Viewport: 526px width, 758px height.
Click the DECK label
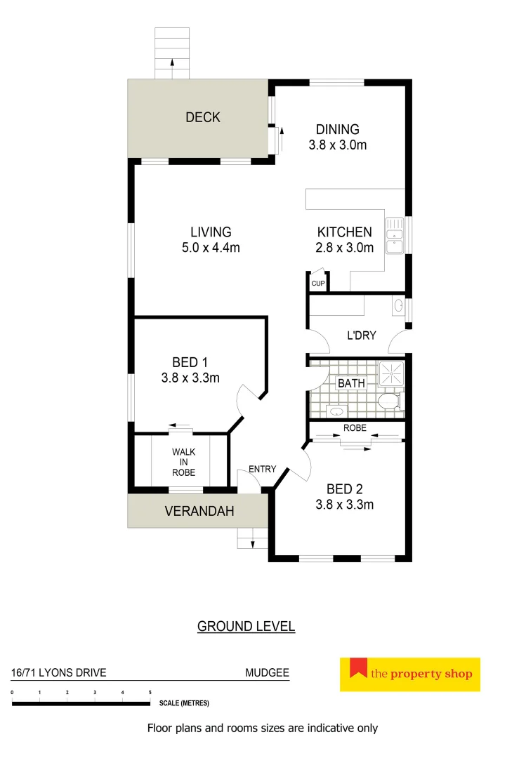[x=203, y=117]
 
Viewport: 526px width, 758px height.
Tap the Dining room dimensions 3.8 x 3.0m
[x=337, y=145]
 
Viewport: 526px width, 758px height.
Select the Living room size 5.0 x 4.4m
[x=211, y=248]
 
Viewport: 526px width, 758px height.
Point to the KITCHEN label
[x=344, y=232]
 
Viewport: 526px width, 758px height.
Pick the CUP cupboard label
[x=318, y=284]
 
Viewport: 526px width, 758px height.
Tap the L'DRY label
[x=361, y=335]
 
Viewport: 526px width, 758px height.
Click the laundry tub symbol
[x=399, y=305]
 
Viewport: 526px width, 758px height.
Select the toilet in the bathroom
[x=388, y=402]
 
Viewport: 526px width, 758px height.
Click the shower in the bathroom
[x=391, y=374]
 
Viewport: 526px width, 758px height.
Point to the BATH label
[x=351, y=383]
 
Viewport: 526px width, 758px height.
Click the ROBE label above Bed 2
[x=354, y=427]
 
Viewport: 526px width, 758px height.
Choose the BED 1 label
[x=190, y=363]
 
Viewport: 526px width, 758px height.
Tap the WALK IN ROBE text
[x=184, y=463]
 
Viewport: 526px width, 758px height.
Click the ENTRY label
[x=263, y=469]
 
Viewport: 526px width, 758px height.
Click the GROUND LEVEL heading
[x=246, y=626]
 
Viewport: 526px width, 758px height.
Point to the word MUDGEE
[x=267, y=672]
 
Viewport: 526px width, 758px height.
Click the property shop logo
[x=409, y=674]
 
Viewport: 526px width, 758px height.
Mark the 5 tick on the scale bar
[x=150, y=693]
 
